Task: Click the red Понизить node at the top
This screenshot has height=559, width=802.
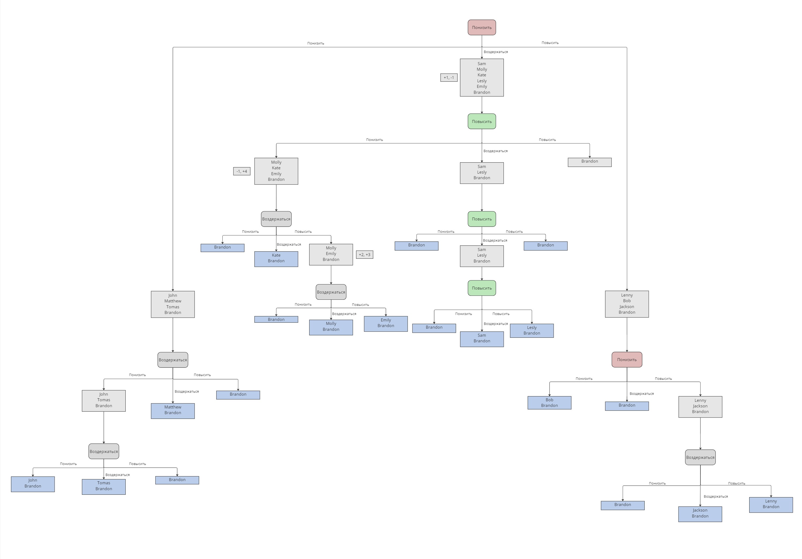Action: (482, 28)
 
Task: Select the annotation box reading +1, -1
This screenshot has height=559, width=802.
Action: (449, 77)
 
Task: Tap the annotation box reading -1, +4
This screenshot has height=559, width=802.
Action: (242, 171)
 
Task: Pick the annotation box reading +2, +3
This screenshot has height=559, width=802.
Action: (364, 254)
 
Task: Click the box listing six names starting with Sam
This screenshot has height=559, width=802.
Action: (482, 77)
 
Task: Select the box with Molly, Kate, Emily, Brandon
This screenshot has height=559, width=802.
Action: (276, 171)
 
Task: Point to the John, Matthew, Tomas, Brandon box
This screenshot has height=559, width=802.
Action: (173, 304)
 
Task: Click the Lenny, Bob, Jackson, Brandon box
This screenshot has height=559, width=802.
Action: (627, 304)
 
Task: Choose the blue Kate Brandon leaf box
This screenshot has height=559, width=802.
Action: (276, 259)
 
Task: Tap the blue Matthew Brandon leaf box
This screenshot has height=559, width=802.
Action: (173, 411)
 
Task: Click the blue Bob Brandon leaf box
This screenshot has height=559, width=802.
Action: (549, 403)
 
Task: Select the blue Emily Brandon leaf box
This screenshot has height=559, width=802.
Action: (386, 323)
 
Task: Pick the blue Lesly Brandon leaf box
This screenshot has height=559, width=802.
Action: (532, 331)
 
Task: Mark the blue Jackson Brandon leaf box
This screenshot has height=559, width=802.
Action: (700, 514)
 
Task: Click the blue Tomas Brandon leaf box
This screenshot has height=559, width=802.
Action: (104, 486)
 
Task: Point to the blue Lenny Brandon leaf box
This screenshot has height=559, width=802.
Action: (771, 505)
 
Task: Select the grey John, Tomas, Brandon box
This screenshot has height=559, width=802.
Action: (104, 400)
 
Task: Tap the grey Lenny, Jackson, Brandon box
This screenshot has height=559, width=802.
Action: (700, 406)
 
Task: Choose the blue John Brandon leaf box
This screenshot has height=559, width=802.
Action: (33, 484)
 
